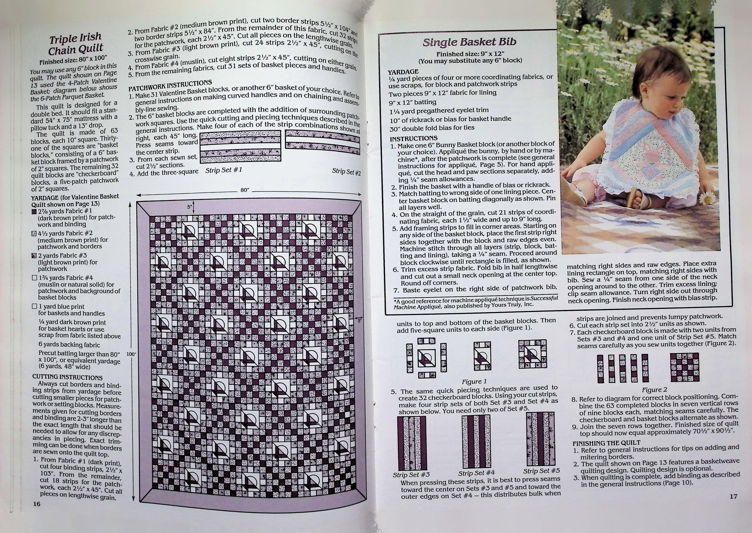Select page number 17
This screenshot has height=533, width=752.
tap(733, 496)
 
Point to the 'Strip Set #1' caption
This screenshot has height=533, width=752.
tap(224, 170)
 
